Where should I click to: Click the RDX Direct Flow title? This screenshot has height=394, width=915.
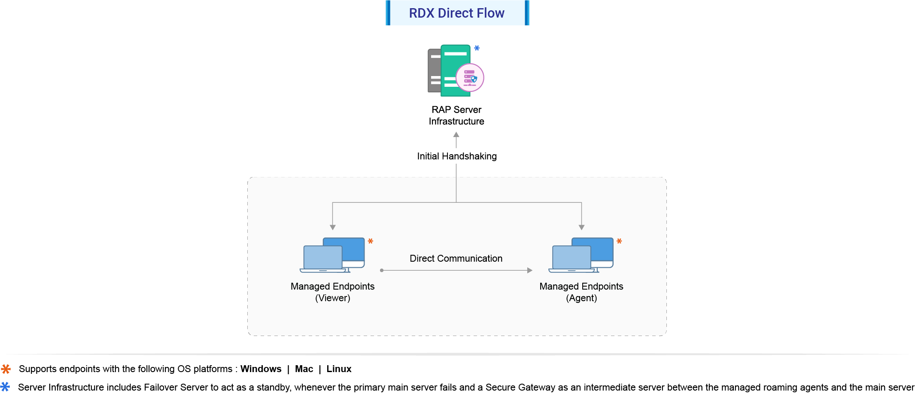[456, 13]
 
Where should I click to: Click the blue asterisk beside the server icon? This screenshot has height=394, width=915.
[477, 48]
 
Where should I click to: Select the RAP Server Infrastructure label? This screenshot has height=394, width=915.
[456, 116]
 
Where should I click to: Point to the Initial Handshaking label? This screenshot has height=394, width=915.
[456, 156]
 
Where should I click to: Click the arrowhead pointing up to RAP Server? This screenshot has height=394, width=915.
[456, 134]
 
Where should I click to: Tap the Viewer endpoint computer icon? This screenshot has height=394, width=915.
[332, 255]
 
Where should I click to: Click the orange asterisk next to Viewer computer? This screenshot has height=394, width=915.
[371, 241]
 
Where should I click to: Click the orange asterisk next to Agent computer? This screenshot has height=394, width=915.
[619, 241]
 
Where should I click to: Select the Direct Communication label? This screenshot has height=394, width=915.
[456, 259]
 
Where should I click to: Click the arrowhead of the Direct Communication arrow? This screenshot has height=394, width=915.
[530, 270]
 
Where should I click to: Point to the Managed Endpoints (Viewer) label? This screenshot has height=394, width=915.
[332, 292]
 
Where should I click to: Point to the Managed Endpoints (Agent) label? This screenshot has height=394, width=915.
[581, 292]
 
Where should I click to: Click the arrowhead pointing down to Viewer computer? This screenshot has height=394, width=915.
[332, 227]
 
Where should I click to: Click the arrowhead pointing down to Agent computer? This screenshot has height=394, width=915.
[581, 227]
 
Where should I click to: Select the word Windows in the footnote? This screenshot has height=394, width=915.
[261, 369]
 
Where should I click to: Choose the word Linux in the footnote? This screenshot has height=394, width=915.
[339, 369]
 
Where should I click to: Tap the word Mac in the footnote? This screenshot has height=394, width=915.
[304, 369]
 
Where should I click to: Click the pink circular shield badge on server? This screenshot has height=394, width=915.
[470, 78]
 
